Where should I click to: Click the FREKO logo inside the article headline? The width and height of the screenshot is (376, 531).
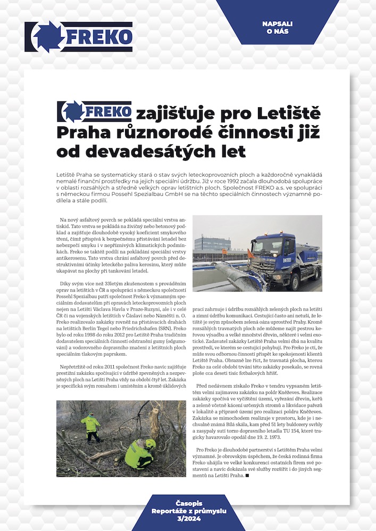(94, 112)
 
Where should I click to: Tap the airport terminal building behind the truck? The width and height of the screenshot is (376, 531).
(212, 244)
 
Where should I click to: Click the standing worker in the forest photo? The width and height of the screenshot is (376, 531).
(91, 425)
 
